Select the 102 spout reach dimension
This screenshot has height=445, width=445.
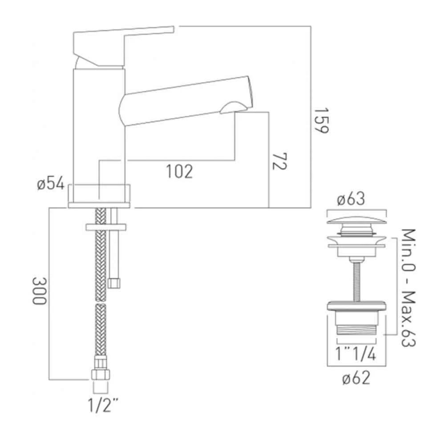click(180, 171)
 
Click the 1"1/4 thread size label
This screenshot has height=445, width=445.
click(356, 355)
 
